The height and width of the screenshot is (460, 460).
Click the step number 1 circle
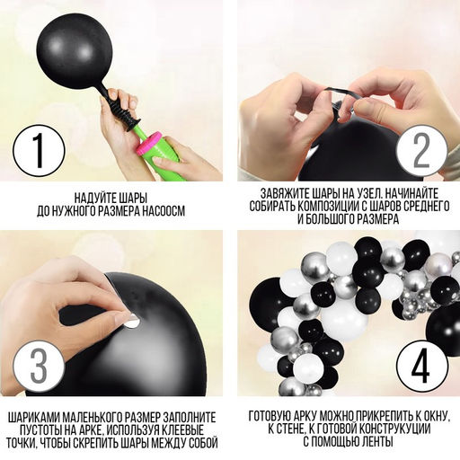point(39,151)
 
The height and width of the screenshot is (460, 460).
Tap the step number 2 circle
point(421,151)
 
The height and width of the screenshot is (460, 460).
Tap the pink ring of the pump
point(149,144)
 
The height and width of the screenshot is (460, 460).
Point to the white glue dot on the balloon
point(132,321)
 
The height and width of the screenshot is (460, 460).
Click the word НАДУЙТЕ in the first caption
point(93,198)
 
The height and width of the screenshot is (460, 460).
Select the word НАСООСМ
point(164,211)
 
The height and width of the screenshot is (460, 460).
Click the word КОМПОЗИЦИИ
point(328,207)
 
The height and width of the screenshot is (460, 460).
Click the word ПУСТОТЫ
point(40,430)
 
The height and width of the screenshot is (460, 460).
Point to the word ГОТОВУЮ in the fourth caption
point(269,416)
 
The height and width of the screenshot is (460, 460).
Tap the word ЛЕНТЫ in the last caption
point(377,442)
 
